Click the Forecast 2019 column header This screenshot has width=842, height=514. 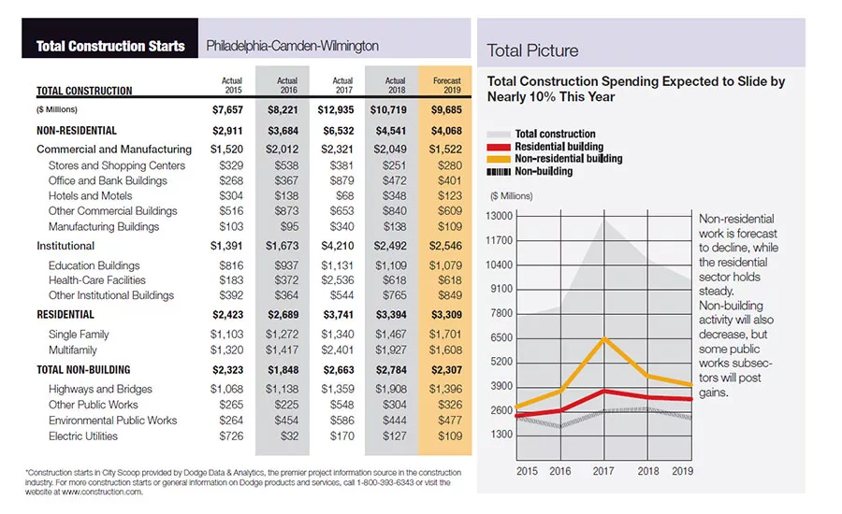(x=447, y=85)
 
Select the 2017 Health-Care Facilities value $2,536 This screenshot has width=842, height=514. (x=337, y=280)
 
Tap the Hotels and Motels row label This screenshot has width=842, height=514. (x=90, y=196)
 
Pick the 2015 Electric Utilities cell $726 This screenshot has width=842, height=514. (x=231, y=436)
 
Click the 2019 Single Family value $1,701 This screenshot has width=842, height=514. (x=445, y=335)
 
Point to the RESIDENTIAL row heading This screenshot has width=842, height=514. (x=65, y=314)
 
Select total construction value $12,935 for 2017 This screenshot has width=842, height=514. (x=336, y=110)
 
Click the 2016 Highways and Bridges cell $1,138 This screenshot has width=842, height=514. (x=282, y=389)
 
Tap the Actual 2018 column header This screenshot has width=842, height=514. (x=395, y=85)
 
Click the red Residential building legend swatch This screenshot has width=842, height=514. (x=499, y=147)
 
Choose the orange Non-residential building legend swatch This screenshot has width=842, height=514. (x=499, y=159)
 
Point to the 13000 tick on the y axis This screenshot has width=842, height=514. (x=499, y=216)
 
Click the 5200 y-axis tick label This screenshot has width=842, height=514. (x=501, y=362)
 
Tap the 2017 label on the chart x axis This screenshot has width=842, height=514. (x=603, y=471)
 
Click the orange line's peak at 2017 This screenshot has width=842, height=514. (x=604, y=338)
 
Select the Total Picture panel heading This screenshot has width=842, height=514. (x=532, y=50)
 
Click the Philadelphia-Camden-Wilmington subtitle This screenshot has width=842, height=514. (x=293, y=46)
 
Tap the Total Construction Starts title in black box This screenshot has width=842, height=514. (x=110, y=46)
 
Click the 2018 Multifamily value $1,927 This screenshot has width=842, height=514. (x=391, y=350)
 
